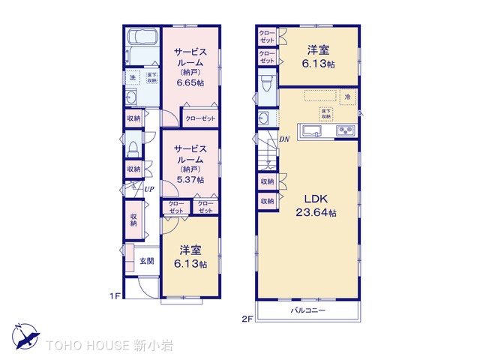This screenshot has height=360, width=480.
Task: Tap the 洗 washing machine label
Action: (132, 77)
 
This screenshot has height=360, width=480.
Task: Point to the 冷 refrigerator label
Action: (347, 97)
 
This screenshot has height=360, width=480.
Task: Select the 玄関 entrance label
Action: (147, 261)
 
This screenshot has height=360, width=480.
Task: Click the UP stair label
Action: (148, 189)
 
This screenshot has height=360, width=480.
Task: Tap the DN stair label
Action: (284, 139)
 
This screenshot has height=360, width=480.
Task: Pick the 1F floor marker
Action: (115, 296)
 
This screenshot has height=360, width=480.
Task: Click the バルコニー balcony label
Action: (308, 310)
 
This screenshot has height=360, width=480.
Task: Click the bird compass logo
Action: (24, 335)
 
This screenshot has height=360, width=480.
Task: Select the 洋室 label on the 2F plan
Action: (318, 51)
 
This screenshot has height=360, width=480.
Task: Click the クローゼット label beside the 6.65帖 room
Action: (200, 118)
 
